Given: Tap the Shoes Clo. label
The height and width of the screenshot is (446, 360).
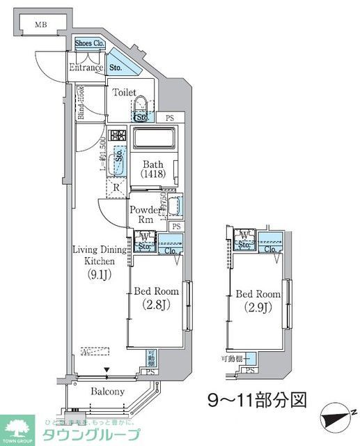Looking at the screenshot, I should [x=90, y=43].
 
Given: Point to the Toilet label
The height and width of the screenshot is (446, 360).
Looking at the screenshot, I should [x=125, y=91].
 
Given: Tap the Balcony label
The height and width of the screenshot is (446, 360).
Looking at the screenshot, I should [x=108, y=392].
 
